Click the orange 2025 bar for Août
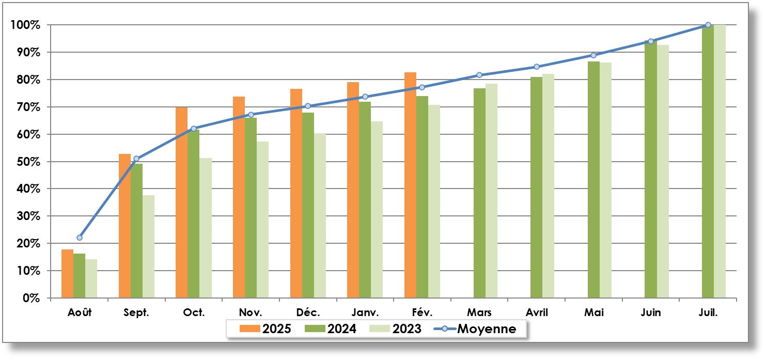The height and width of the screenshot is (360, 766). click(x=67, y=274)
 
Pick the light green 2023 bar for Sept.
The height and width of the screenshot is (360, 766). click(x=149, y=246)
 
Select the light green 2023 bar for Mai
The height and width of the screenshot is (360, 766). click(x=605, y=180)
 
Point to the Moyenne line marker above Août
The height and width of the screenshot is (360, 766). click(x=80, y=238)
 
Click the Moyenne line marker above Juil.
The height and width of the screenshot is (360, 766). click(x=708, y=25)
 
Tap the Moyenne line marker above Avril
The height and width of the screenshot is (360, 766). click(x=537, y=67)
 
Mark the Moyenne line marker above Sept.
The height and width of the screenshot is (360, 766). click(x=136, y=159)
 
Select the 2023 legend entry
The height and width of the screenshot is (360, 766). click(x=398, y=328)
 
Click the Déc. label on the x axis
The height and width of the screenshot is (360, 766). click(x=308, y=312)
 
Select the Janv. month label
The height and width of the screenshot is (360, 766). click(x=365, y=312)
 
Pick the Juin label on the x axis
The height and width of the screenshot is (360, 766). click(x=651, y=312)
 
